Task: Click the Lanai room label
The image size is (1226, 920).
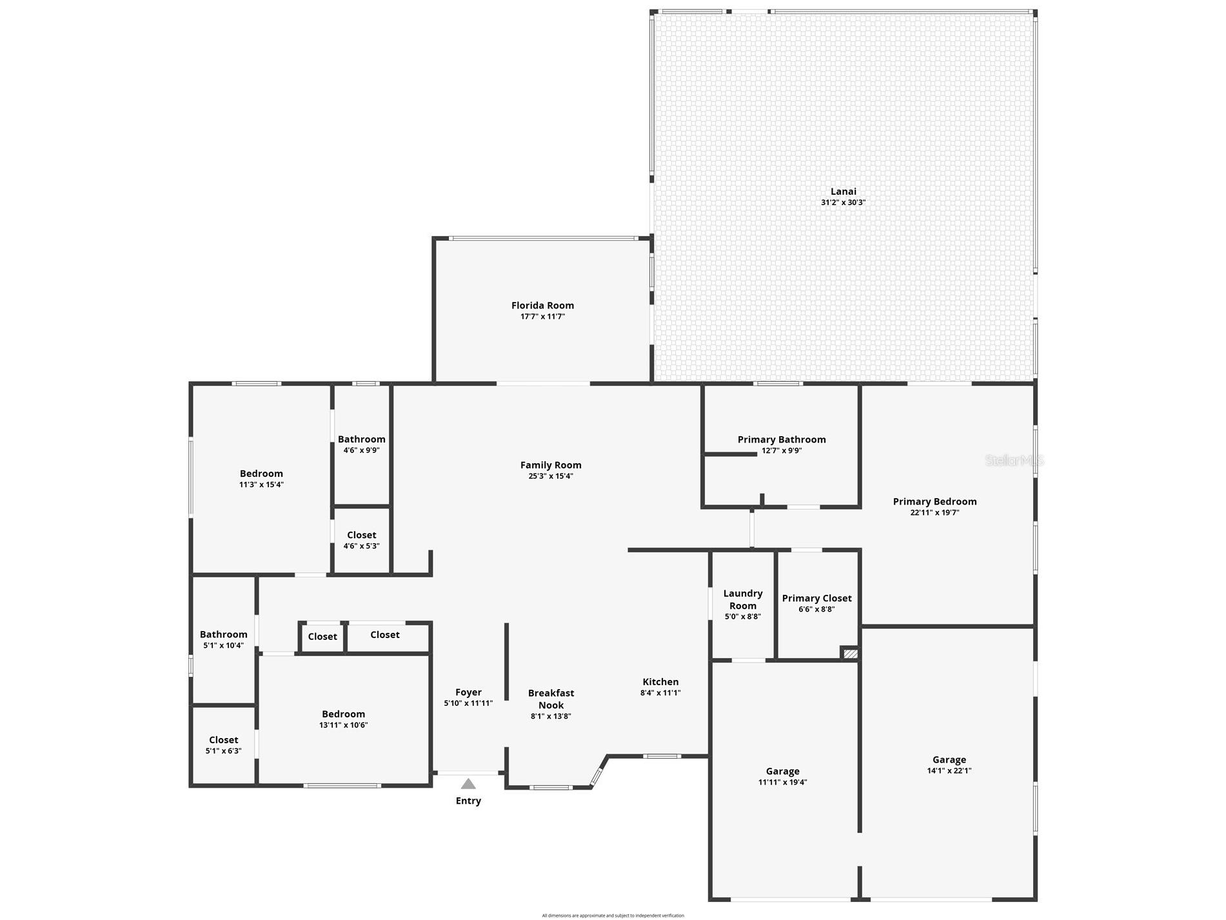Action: pyautogui.click(x=843, y=192)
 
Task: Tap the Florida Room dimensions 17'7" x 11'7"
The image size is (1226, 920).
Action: pyautogui.click(x=542, y=317)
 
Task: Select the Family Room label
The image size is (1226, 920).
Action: pyautogui.click(x=551, y=465)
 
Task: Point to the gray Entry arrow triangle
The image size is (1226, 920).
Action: pyautogui.click(x=468, y=784)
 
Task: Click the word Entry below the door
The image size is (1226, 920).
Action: pyautogui.click(x=468, y=801)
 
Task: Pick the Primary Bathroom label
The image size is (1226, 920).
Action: pyautogui.click(x=782, y=439)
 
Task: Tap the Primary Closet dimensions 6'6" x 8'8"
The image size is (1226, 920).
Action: pyautogui.click(x=816, y=609)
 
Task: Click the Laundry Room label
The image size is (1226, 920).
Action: pyautogui.click(x=743, y=599)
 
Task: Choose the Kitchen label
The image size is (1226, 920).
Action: pyautogui.click(x=660, y=682)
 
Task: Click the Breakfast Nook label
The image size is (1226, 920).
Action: pyautogui.click(x=551, y=699)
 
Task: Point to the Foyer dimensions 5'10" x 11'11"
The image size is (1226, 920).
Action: pyautogui.click(x=468, y=703)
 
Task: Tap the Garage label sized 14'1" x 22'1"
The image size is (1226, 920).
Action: pyautogui.click(x=949, y=760)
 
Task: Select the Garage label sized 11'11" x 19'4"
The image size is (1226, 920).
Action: pyautogui.click(x=782, y=772)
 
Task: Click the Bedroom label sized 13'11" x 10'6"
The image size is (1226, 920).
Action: pyautogui.click(x=343, y=714)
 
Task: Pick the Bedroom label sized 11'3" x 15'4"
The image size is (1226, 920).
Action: pyautogui.click(x=261, y=474)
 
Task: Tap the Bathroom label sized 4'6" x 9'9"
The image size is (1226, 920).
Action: pyautogui.click(x=361, y=439)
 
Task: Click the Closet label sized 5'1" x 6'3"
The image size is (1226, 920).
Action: pyautogui.click(x=223, y=740)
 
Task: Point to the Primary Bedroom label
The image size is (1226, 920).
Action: pyautogui.click(x=934, y=501)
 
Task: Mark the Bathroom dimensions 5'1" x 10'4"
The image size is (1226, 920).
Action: pyautogui.click(x=223, y=645)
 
